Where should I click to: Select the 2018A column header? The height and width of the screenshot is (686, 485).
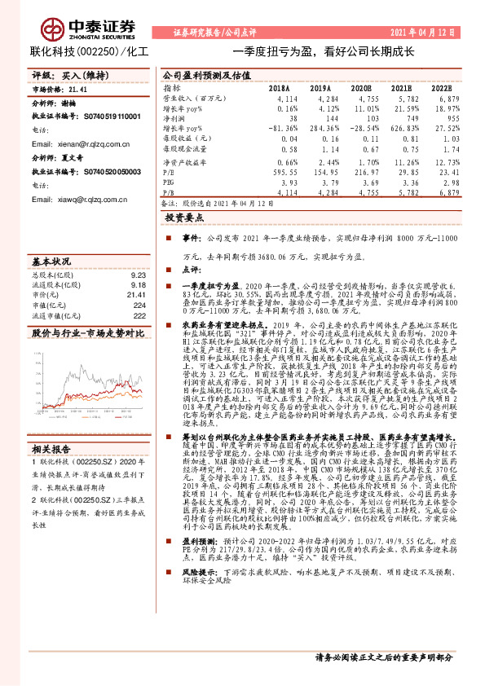[x=279, y=87]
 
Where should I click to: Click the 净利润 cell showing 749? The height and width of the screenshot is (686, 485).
[x=403, y=118]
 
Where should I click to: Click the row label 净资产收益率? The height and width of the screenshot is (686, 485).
[x=183, y=161]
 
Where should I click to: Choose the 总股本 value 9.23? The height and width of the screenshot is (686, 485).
[x=138, y=275]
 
